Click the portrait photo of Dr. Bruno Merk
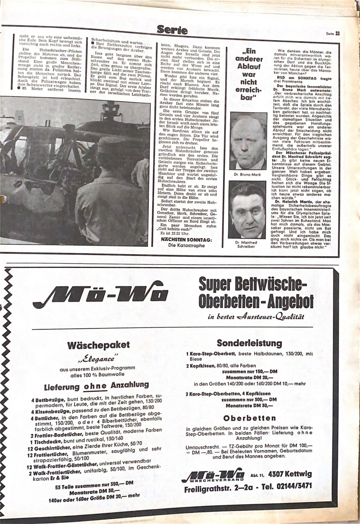point(247,141)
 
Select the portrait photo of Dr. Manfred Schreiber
point(247,210)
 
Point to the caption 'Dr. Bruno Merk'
point(247,175)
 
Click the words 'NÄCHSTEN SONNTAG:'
point(186,240)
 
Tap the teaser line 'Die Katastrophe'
point(186,246)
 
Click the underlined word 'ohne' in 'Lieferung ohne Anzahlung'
point(95,386)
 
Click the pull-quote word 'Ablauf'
point(249,66)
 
